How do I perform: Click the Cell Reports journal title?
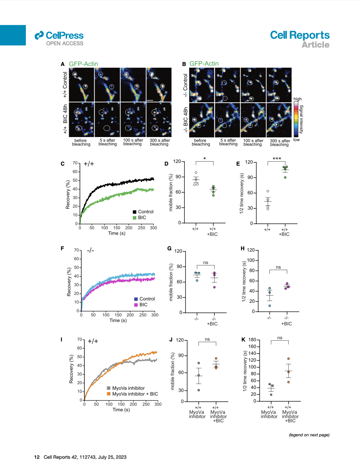pyautogui.click(x=299, y=35)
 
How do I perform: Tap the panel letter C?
pyautogui.click(x=63, y=164)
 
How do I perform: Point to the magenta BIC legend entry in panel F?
pyautogui.click(x=141, y=305)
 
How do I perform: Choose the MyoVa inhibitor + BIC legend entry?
pyautogui.click(x=132, y=394)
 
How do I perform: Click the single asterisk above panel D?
pyautogui.click(x=204, y=159)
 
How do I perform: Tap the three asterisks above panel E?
pyautogui.click(x=277, y=159)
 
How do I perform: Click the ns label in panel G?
pyautogui.click(x=206, y=263)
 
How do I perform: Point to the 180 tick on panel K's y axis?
pyautogui.click(x=252, y=340)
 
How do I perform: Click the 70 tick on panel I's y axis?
pyautogui.click(x=80, y=339)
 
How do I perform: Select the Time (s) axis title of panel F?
pyautogui.click(x=118, y=320)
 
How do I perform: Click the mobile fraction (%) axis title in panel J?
pyautogui.click(x=173, y=371)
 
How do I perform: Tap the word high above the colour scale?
pyautogui.click(x=297, y=99)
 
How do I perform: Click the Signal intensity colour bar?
pyautogui.click(x=296, y=119)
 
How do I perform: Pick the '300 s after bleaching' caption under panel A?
pyautogui.click(x=160, y=142)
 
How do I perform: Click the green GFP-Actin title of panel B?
pyautogui.click(x=204, y=64)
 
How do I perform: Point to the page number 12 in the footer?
pyautogui.click(x=37, y=457)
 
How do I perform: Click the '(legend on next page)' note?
pyautogui.click(x=309, y=435)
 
